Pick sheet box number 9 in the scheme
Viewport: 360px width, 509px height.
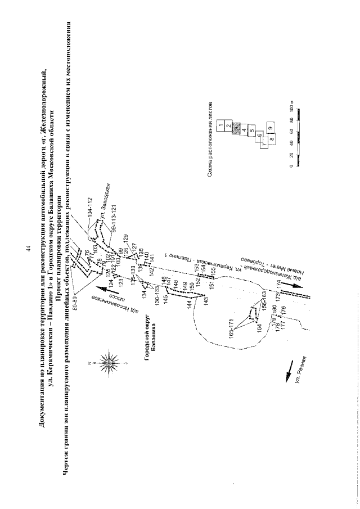(271, 128)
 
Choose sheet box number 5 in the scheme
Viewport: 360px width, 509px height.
(252, 131)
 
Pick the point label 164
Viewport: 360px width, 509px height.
(260, 327)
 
